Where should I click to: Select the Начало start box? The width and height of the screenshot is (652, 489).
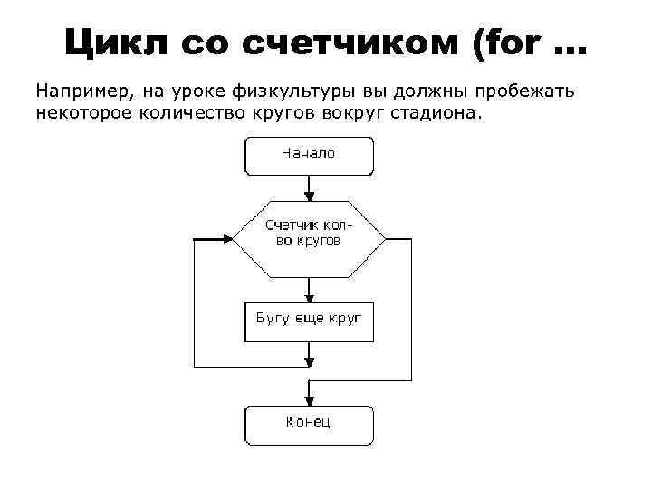point(309,155)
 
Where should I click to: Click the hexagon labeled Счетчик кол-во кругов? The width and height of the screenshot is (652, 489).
point(309,239)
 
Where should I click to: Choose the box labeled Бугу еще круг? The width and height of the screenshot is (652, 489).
point(309,321)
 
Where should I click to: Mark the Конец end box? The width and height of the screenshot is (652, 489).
point(309,423)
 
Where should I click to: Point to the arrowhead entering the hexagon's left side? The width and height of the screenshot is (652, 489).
point(227,239)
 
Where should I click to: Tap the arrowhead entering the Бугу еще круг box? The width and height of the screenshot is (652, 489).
point(310,297)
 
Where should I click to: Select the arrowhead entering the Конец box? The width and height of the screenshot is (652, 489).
point(310,399)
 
